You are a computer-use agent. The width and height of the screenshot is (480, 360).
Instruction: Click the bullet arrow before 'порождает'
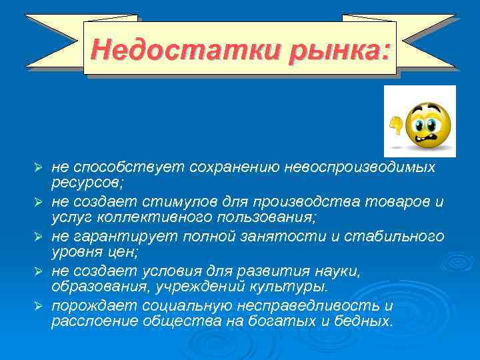pos(39,306)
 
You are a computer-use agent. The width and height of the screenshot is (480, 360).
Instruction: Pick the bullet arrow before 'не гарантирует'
pos(39,236)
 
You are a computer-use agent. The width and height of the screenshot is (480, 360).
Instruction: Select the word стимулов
pos(172,201)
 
